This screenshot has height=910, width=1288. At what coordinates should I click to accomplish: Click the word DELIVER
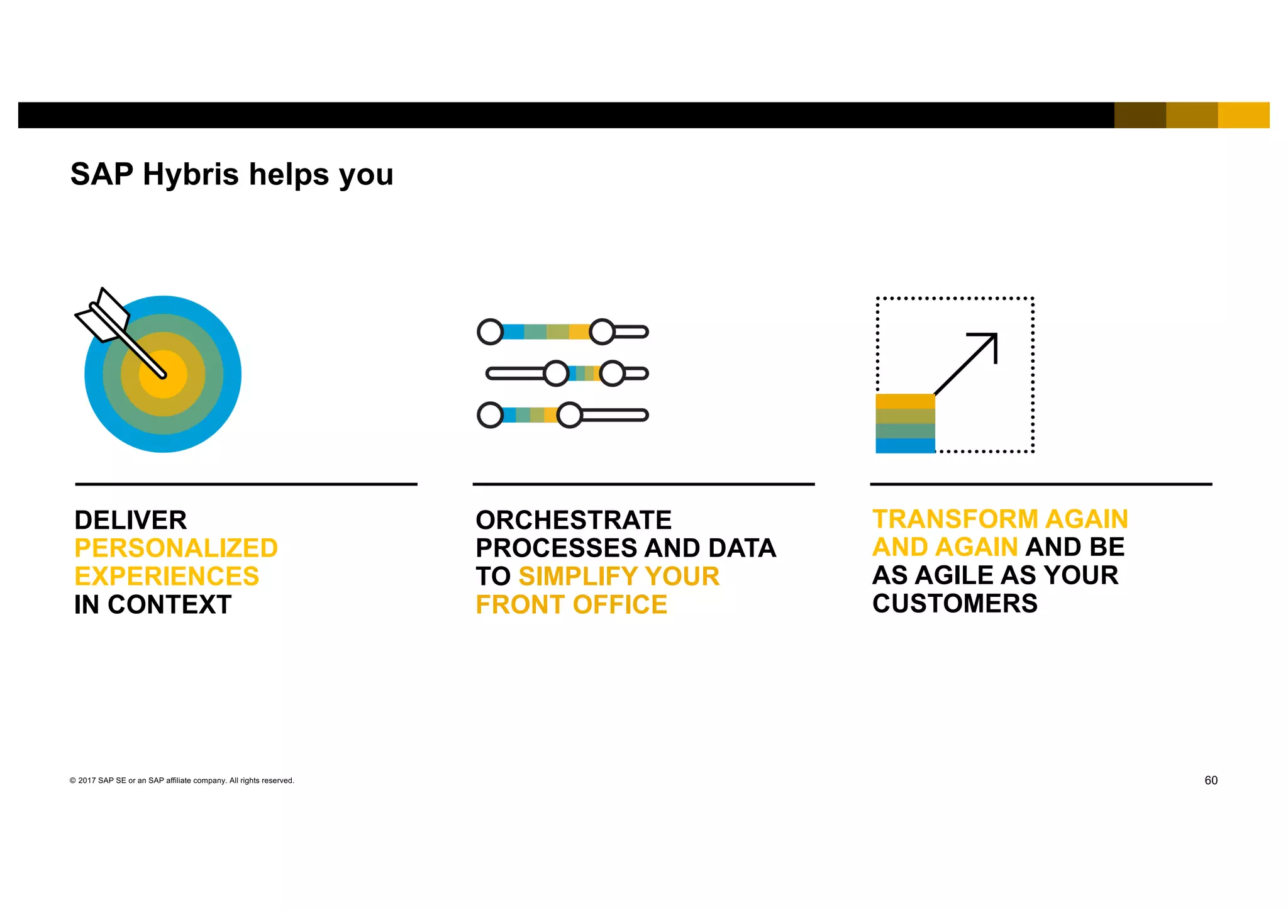(130, 521)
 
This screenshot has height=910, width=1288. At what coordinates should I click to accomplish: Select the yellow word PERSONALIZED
(176, 548)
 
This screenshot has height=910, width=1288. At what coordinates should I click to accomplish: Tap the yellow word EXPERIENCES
(167, 577)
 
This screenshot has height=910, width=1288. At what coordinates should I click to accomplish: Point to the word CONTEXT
(169, 605)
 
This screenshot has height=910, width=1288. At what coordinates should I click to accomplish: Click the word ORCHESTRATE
(574, 521)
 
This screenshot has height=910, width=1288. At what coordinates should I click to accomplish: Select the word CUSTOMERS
(955, 604)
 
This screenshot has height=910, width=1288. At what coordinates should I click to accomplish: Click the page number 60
(1211, 780)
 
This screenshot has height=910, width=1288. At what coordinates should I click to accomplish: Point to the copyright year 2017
(87, 781)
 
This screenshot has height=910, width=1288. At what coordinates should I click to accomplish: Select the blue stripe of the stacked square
(905, 446)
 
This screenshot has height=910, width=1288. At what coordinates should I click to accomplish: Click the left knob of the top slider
(490, 332)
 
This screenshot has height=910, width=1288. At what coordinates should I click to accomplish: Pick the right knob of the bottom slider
(570, 415)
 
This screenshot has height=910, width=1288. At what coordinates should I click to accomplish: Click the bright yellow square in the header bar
(1243, 115)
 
